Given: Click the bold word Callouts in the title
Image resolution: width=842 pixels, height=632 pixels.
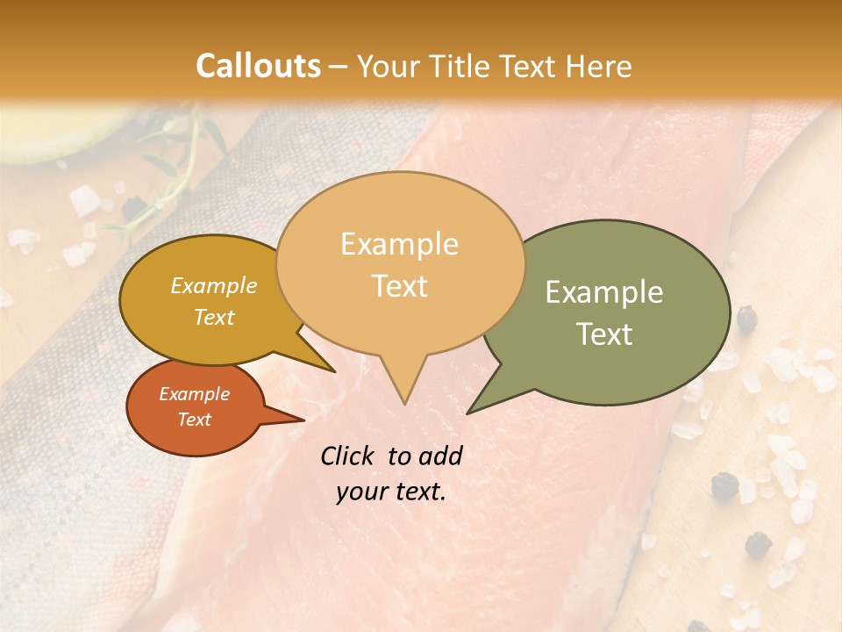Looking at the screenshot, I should point(258,66).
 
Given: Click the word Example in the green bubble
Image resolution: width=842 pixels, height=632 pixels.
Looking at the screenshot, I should point(603,292).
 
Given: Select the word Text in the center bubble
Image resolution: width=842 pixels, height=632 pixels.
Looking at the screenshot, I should point(399,286).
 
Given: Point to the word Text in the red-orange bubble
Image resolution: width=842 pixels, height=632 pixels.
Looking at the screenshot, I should point(195,420).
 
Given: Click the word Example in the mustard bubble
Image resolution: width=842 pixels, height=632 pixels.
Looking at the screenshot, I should point(213,285).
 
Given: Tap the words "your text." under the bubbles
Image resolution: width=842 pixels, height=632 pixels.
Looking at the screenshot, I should point(391,492).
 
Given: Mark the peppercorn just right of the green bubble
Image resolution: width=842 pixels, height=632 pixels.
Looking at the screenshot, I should point(746,320).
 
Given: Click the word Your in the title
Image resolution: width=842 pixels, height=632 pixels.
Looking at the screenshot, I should point(388,66).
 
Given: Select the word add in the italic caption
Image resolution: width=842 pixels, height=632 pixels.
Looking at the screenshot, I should point(440,456).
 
